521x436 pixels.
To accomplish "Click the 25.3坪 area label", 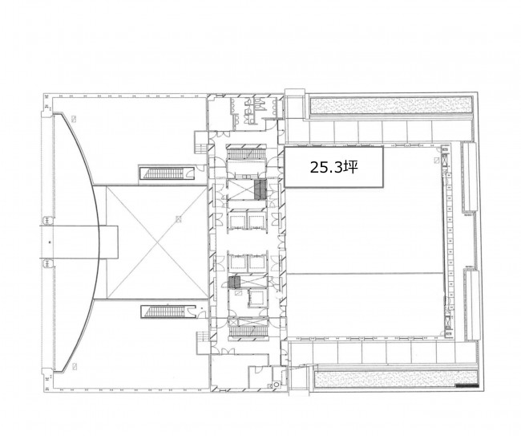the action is click(x=334, y=167).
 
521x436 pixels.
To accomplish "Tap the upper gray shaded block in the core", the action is click(x=260, y=189).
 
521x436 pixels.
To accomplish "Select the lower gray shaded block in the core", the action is click(x=235, y=282).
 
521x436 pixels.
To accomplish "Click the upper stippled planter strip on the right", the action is click(x=391, y=105).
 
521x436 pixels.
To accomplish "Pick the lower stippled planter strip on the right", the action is click(x=396, y=380).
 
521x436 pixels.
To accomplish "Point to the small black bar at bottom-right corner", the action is click(x=467, y=386).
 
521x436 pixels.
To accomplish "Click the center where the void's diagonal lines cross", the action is click(x=156, y=242).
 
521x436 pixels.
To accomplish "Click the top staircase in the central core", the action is click(x=247, y=154).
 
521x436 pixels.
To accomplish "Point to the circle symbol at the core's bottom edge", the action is click(x=276, y=385).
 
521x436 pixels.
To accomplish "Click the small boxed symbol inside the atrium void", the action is click(x=179, y=219).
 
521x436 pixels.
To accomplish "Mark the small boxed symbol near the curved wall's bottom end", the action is click(x=75, y=366).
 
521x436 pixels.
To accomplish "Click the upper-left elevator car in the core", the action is click(x=236, y=222).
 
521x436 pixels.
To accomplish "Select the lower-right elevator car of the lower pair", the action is click(x=256, y=263).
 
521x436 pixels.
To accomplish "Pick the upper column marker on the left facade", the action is click(x=47, y=220).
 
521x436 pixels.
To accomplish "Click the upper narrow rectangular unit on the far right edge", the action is click(x=470, y=177).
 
